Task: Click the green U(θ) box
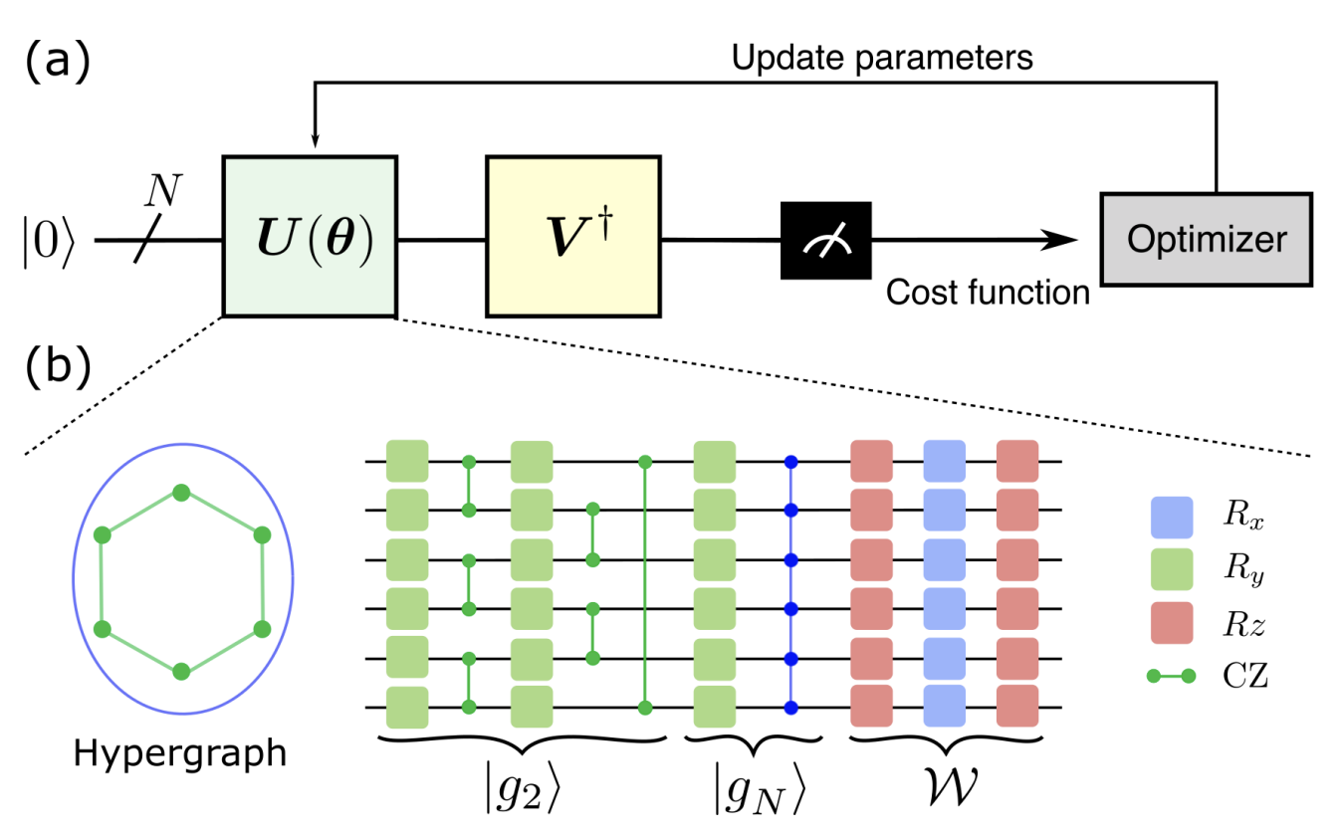310,236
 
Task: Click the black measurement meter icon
825,239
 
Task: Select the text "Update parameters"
882,58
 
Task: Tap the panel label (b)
57,365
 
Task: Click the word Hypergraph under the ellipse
179,752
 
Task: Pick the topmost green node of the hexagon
180,492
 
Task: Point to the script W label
947,787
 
